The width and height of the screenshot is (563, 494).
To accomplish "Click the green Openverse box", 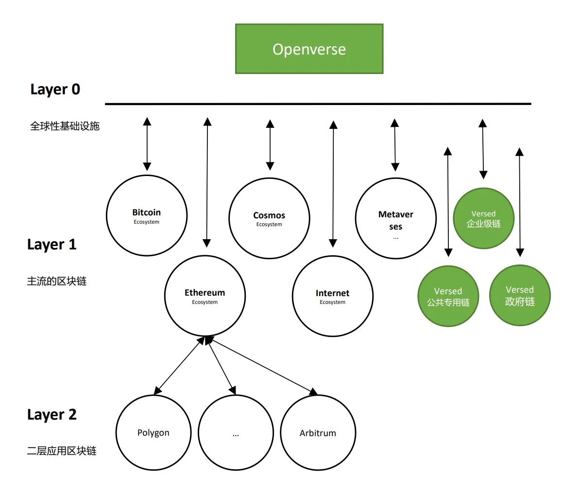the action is point(309,49).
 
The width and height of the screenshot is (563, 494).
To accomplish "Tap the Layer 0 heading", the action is point(55,89).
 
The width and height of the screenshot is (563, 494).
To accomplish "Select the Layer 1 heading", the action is point(52,245).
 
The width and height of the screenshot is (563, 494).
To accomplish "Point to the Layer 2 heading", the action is point(52,415).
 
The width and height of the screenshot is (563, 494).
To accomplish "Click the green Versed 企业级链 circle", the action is point(484,218).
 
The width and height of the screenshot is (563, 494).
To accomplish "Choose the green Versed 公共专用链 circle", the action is point(448,296).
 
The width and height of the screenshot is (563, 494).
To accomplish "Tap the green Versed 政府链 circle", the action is point(520,295).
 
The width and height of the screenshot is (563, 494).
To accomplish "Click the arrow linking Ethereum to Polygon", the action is point(179,365).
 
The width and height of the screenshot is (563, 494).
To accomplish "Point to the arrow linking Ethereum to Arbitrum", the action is point(261,365).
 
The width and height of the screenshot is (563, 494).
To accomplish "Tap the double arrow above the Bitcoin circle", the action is point(147,144).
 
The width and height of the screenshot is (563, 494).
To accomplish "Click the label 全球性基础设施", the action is point(65,126).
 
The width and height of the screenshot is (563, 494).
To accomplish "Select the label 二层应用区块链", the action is point(62,451).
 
